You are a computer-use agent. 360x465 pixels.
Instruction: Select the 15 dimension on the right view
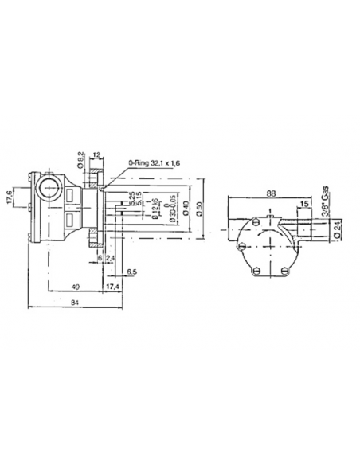coord(306,204)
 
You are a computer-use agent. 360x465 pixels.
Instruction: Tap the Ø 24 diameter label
coord(338,229)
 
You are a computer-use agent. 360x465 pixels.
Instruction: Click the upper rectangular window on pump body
coord(72,193)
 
